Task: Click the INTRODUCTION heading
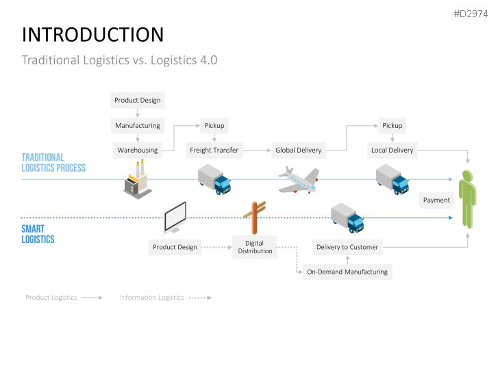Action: pyautogui.click(x=92, y=35)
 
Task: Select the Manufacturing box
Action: pyautogui.click(x=137, y=125)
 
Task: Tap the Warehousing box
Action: pyautogui.click(x=137, y=150)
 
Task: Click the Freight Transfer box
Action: pyautogui.click(x=214, y=150)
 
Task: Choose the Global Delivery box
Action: pyautogui.click(x=298, y=150)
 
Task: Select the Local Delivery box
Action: pyautogui.click(x=392, y=150)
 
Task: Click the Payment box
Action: pyautogui.click(x=436, y=200)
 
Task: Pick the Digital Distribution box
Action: pyautogui.click(x=254, y=247)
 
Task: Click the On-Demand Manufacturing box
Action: pyautogui.click(x=347, y=272)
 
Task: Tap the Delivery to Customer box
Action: pyautogui.click(x=347, y=247)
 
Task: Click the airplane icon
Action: pyautogui.click(x=299, y=180)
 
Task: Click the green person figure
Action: pyautogui.click(x=466, y=198)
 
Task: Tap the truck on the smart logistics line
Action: pyautogui.click(x=347, y=218)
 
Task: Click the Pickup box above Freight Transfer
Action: pyautogui.click(x=214, y=125)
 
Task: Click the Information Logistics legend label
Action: pyautogui.click(x=151, y=298)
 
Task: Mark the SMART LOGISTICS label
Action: pyautogui.click(x=38, y=234)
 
